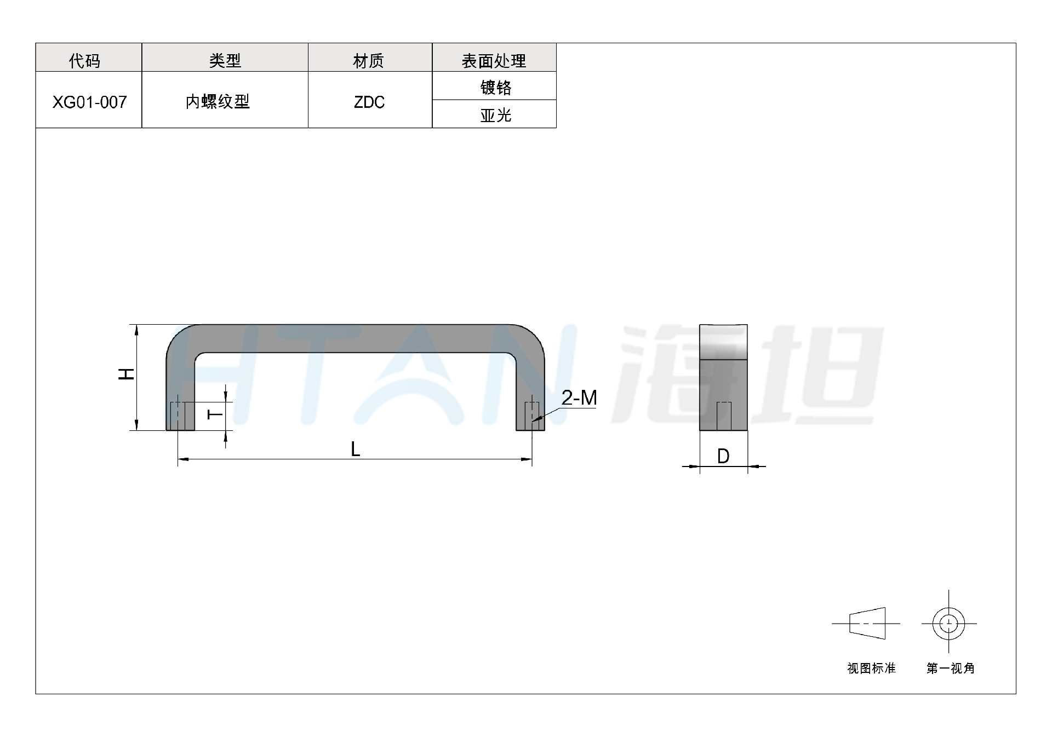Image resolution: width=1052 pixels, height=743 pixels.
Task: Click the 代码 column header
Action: coord(85,60)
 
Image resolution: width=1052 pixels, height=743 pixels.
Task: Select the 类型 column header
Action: coord(225,60)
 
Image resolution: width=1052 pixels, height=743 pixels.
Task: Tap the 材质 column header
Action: coord(368,60)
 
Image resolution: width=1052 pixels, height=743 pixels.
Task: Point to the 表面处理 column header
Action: coord(494,60)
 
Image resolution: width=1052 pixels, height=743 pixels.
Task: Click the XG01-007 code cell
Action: coord(89,102)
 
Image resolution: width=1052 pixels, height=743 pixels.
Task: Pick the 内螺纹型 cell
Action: coord(218,101)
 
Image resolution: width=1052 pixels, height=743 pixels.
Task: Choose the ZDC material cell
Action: coord(369,102)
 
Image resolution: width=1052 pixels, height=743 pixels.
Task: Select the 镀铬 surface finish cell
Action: coord(495,87)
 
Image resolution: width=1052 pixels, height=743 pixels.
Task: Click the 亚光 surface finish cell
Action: coord(495,115)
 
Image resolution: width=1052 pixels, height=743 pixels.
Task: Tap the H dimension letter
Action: coord(127,374)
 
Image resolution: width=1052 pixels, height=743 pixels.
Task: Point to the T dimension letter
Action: coord(216,414)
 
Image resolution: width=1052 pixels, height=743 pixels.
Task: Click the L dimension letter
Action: coord(355,450)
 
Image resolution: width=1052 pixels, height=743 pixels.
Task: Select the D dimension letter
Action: coord(723,456)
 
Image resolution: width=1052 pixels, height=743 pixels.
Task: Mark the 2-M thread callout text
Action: coord(579,398)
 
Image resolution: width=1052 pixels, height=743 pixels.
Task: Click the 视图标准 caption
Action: coord(871,668)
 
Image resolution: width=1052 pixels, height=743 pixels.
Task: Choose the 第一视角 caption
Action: coord(951,668)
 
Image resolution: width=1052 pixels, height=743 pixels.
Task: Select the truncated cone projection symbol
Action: coord(867,624)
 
